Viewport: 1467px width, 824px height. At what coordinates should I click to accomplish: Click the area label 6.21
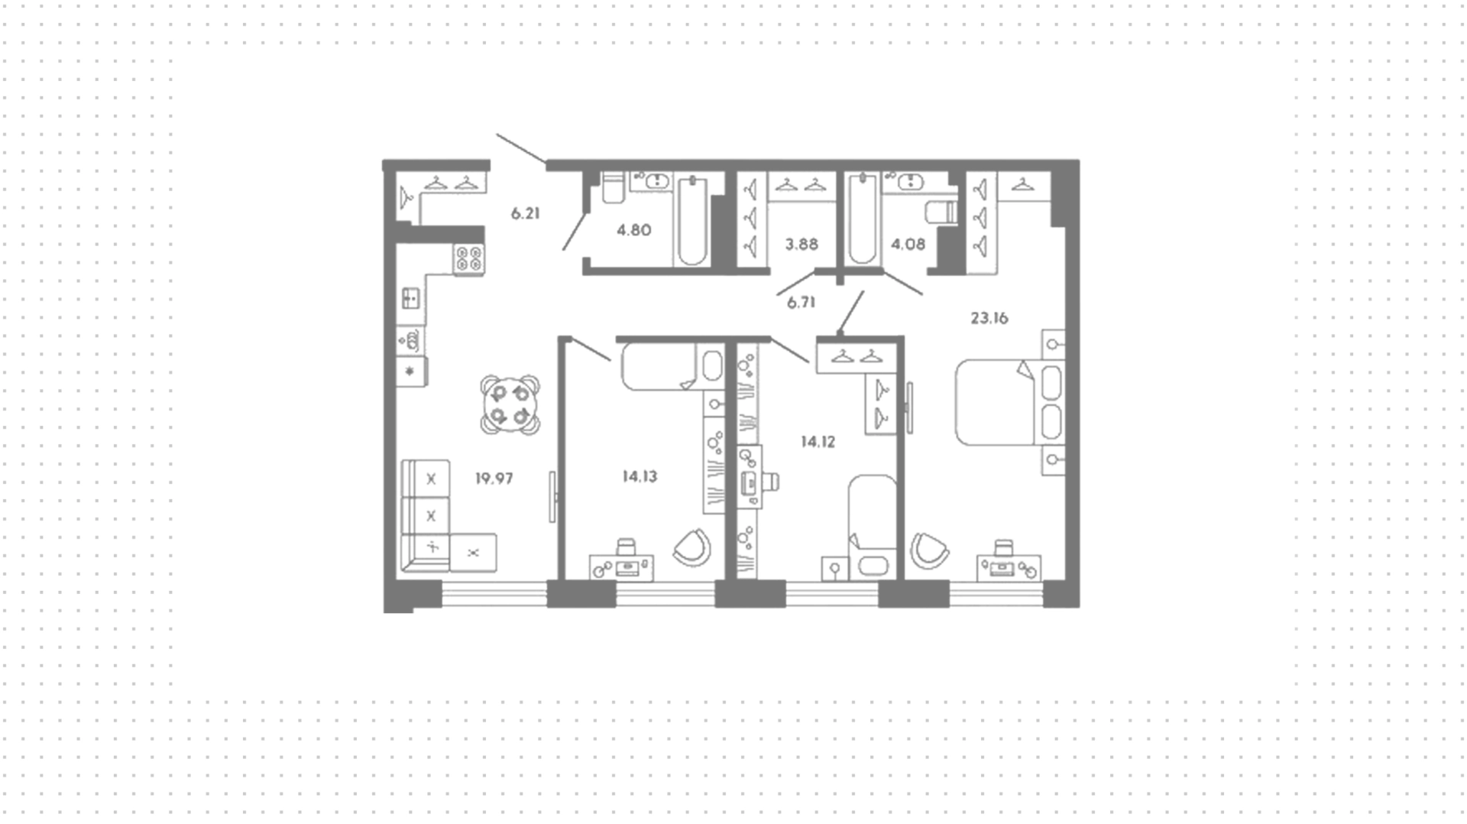pyautogui.click(x=526, y=214)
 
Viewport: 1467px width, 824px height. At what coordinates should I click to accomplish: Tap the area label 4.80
pyautogui.click(x=634, y=230)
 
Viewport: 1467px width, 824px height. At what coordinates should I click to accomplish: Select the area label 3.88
pyautogui.click(x=802, y=245)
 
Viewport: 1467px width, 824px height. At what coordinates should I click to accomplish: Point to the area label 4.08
pyautogui.click(x=908, y=245)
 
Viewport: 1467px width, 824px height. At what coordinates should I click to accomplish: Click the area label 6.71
pyautogui.click(x=802, y=303)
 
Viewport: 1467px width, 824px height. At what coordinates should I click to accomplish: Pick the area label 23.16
pyautogui.click(x=989, y=319)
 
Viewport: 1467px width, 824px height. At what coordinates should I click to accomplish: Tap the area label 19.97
pyautogui.click(x=494, y=479)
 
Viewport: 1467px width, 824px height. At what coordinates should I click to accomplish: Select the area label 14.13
pyautogui.click(x=640, y=477)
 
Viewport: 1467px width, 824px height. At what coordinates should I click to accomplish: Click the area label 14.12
pyautogui.click(x=818, y=442)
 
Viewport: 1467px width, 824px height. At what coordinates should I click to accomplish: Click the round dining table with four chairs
pyautogui.click(x=510, y=405)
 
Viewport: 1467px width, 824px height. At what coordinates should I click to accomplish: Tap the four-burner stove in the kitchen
pyautogui.click(x=469, y=259)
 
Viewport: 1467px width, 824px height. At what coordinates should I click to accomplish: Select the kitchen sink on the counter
pyautogui.click(x=410, y=297)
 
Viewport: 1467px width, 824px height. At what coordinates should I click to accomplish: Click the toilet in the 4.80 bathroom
pyautogui.click(x=613, y=187)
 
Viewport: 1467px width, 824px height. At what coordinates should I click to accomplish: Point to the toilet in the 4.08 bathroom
pyautogui.click(x=941, y=212)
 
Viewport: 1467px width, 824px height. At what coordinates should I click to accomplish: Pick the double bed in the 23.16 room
pyautogui.click(x=1009, y=402)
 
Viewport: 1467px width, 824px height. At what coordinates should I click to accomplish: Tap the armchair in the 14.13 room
pyautogui.click(x=692, y=548)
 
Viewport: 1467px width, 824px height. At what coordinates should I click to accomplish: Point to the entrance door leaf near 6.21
pyautogui.click(x=521, y=149)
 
